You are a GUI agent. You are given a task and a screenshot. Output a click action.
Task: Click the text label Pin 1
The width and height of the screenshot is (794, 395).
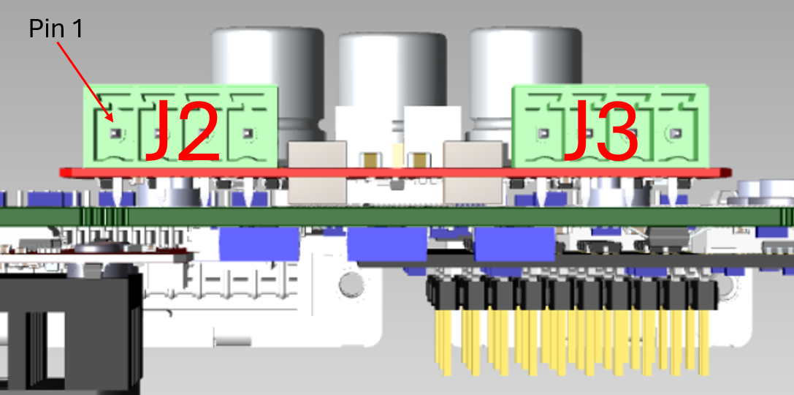point(56,29)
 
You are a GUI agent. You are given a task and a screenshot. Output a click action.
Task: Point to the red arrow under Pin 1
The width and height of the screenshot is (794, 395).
point(85,80)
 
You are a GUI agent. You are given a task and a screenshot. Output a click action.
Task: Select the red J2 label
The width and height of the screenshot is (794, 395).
point(182,132)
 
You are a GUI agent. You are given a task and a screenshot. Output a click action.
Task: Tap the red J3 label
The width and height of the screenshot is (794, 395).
point(601,132)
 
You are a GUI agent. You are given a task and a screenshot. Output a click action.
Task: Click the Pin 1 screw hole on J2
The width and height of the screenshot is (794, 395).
point(115,134)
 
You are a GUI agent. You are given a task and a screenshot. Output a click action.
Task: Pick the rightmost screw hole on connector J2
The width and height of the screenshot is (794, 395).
point(248,134)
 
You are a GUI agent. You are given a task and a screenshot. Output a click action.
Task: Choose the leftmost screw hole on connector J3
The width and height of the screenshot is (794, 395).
point(542,134)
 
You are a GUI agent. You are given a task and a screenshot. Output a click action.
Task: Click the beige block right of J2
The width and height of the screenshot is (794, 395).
point(317,172)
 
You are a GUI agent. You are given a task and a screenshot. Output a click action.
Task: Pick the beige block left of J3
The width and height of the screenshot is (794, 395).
point(473,172)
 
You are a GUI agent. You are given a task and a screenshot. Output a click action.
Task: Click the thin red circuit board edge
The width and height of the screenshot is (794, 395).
point(394,172)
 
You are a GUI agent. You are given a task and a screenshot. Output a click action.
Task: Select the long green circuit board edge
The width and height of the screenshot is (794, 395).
point(394,217)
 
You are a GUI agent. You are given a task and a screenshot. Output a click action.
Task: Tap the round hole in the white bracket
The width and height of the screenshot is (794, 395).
point(352,284)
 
